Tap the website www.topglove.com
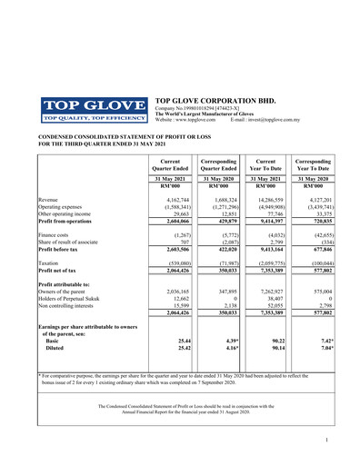point(197,119)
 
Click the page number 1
point(325,440)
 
